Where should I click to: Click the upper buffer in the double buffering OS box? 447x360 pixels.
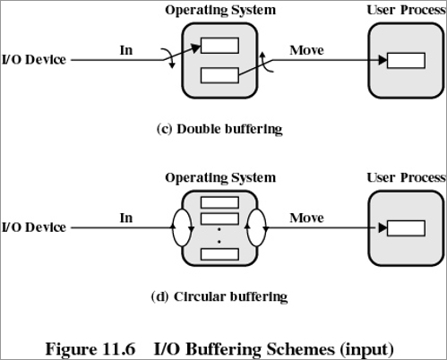point(219,46)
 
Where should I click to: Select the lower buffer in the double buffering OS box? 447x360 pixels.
point(219,75)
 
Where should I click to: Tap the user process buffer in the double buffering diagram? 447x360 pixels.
point(406,61)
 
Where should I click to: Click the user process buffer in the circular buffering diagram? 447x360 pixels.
point(406,228)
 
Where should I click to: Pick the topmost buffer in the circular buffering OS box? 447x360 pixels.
point(219,202)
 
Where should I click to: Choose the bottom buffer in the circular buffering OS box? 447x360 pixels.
point(219,254)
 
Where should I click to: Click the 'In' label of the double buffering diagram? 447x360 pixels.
point(126,50)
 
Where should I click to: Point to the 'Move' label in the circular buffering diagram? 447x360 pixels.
point(306,218)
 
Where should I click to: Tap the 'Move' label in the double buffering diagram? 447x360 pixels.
point(306,50)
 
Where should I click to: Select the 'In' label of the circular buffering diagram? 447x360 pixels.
point(126,218)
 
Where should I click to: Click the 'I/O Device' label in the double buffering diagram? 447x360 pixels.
point(34,60)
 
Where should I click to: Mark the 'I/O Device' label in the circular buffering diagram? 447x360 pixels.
point(34,227)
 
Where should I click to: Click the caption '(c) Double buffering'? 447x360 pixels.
point(219,129)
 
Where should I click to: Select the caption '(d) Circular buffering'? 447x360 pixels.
point(219,297)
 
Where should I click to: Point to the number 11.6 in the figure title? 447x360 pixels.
point(119,349)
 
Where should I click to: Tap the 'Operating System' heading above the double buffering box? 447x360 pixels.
point(220,11)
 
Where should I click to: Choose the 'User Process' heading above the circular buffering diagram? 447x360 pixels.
point(407,177)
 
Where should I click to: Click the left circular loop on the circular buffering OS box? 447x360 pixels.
point(173,227)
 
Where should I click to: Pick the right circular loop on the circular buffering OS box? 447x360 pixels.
point(266,227)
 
